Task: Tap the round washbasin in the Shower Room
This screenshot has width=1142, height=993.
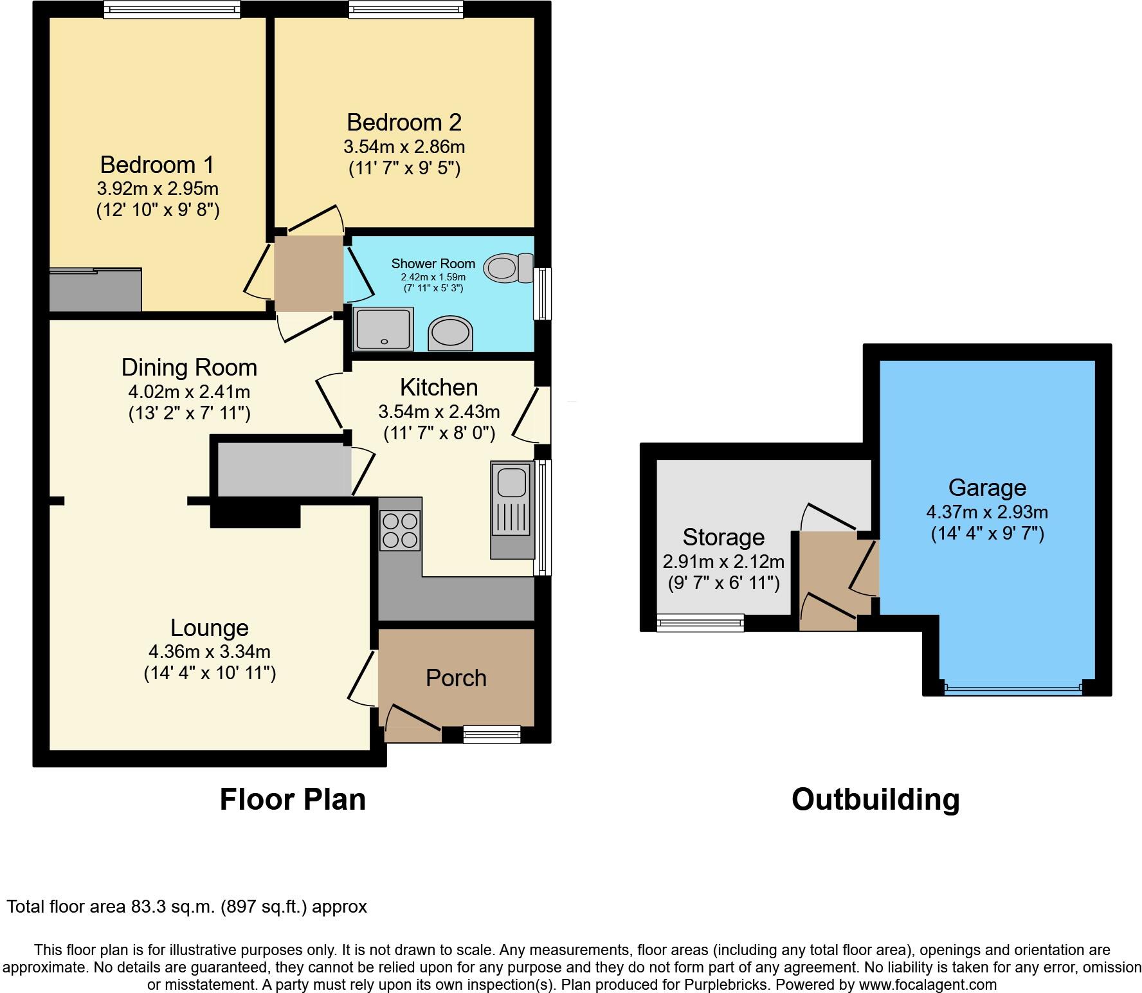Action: (x=450, y=333)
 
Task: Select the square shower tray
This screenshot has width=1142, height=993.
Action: (x=383, y=329)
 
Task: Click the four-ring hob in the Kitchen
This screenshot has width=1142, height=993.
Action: (x=400, y=530)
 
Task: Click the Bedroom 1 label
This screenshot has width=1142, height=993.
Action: (x=157, y=165)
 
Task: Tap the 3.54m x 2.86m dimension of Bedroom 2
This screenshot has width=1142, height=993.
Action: (x=404, y=147)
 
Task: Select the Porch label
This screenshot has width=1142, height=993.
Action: (x=456, y=678)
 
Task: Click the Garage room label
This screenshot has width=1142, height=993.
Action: (x=987, y=488)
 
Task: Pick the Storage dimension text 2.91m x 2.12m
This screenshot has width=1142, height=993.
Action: (x=723, y=561)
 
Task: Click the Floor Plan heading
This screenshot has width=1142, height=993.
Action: (x=293, y=799)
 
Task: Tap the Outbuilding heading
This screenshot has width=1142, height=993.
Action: (x=875, y=799)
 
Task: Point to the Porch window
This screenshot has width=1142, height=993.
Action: (x=492, y=734)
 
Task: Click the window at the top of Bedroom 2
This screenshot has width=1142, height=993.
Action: (x=406, y=8)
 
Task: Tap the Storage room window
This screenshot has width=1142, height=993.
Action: (x=700, y=622)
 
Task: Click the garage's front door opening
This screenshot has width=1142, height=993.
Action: (x=1013, y=689)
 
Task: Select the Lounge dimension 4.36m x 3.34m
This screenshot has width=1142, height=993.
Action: (x=209, y=651)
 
